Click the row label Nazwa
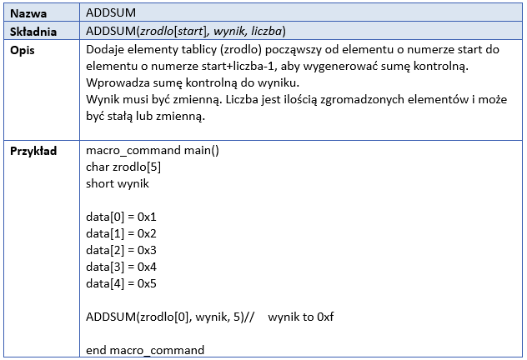coord(28,13)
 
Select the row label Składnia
coord(33,32)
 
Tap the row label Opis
coord(23,50)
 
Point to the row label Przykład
coord(33,151)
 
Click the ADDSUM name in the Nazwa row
coord(111,12)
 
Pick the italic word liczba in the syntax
coord(267,31)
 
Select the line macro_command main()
coord(153,150)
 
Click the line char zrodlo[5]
coord(123,167)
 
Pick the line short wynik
coord(118,183)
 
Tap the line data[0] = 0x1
coord(122,217)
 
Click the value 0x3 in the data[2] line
coord(147,251)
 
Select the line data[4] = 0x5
coord(122,284)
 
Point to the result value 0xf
coord(325,317)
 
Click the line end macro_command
coord(145,350)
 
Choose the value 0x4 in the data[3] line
coord(147,267)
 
